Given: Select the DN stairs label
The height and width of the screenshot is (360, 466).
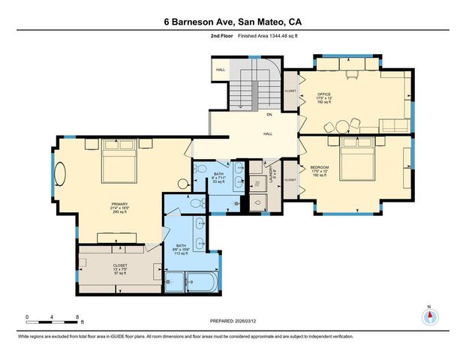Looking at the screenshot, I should click(269, 115).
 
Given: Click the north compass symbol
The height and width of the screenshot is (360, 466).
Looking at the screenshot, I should click(429, 316).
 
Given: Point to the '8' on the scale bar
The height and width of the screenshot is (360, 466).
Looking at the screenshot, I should click(77, 318).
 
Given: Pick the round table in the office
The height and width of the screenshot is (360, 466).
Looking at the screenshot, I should click(343, 126).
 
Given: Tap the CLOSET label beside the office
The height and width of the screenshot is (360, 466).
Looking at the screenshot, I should click(290, 92).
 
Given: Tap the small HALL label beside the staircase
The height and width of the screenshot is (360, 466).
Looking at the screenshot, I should click(221, 70).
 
